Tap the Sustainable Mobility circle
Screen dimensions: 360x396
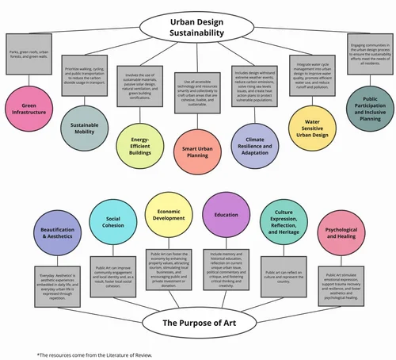coord(84,132)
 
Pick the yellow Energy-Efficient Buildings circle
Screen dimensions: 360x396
coord(141,147)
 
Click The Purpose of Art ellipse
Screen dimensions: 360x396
coord(197,322)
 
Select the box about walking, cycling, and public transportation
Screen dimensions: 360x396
coord(84,74)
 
